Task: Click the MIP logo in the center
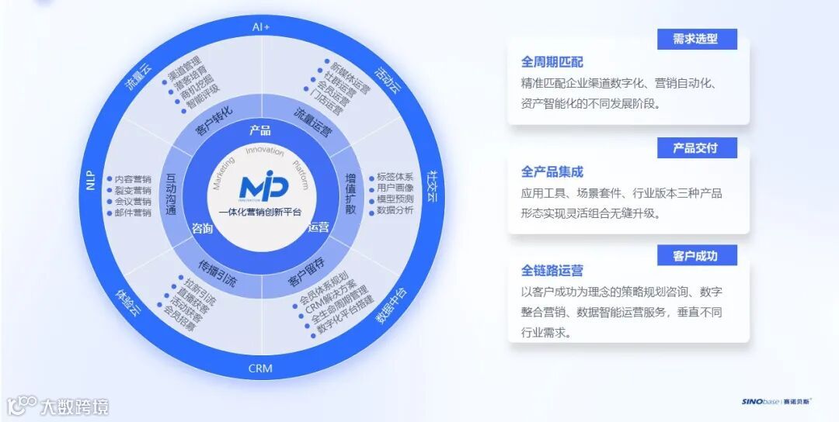[x=263, y=186]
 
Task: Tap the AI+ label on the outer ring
[x=261, y=26]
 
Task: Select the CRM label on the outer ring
[x=260, y=368]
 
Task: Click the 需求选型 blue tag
[x=696, y=40]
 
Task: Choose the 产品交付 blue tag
[x=696, y=148]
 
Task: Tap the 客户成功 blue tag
[x=696, y=256]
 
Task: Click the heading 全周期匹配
[x=552, y=62]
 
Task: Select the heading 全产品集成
[x=552, y=171]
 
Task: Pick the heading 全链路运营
[x=552, y=271]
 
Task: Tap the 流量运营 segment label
[x=313, y=122]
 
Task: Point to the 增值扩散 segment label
[x=350, y=194]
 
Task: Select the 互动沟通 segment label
[x=171, y=194]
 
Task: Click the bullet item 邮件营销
[x=132, y=213]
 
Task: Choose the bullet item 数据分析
[x=395, y=209]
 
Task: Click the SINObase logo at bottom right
[x=776, y=402]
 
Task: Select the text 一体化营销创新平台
[x=261, y=212]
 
